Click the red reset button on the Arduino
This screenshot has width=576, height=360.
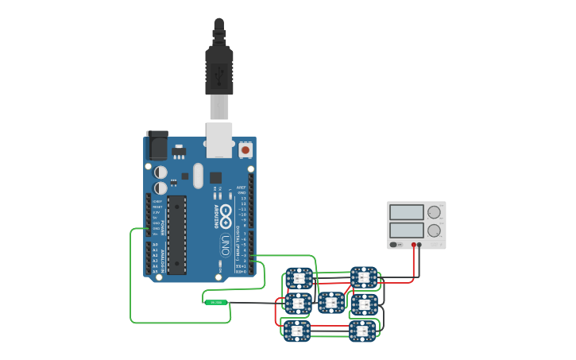tap(245, 149)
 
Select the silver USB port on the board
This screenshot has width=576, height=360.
tap(219, 138)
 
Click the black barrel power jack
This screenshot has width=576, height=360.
tap(157, 146)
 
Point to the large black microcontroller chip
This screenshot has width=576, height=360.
tap(176, 234)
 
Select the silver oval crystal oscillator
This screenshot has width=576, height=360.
tap(198, 176)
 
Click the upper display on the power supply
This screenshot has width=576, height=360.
tap(407, 212)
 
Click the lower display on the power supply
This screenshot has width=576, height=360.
tap(407, 230)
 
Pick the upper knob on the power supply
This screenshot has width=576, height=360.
tap(434, 212)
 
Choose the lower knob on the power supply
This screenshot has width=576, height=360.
tap(434, 231)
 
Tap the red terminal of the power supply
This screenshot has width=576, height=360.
tap(413, 245)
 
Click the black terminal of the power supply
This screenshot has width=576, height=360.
tap(419, 245)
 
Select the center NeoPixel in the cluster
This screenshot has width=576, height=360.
tap(331, 302)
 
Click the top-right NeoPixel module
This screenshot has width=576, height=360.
tap(365, 277)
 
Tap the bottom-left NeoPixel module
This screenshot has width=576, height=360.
tap(297, 330)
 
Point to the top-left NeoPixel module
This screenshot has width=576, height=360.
tap(299, 278)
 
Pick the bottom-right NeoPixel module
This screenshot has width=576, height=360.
tap(362, 330)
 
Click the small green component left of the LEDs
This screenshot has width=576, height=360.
tap(215, 302)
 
